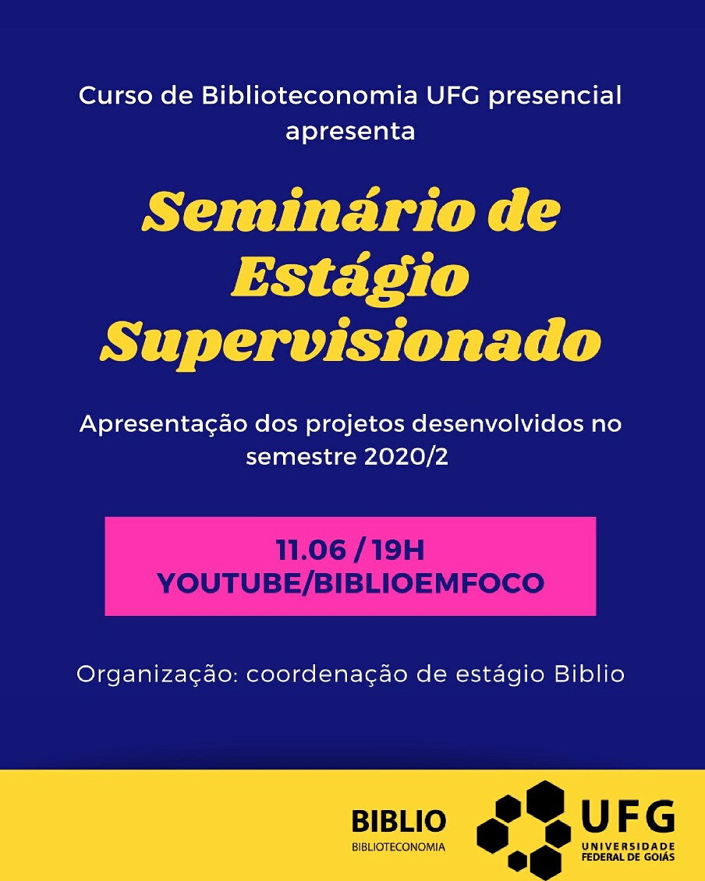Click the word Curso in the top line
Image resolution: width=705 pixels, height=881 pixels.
[115, 95]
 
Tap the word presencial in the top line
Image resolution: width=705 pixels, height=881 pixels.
[555, 97]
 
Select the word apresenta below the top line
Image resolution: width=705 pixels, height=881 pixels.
[350, 133]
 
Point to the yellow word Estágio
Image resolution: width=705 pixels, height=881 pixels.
[349, 278]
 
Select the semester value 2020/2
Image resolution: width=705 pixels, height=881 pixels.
[406, 457]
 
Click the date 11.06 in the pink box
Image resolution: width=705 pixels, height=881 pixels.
[310, 550]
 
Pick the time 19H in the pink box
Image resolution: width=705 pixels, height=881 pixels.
[398, 550]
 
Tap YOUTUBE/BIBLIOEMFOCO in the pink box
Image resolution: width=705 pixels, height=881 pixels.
[350, 582]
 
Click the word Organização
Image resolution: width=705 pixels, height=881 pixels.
[154, 675]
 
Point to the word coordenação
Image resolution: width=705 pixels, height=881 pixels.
[328, 675]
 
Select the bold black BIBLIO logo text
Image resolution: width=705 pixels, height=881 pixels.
[399, 821]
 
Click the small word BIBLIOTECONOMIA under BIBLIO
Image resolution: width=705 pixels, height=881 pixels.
[398, 847]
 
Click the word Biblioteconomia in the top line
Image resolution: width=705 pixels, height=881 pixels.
[310, 95]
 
